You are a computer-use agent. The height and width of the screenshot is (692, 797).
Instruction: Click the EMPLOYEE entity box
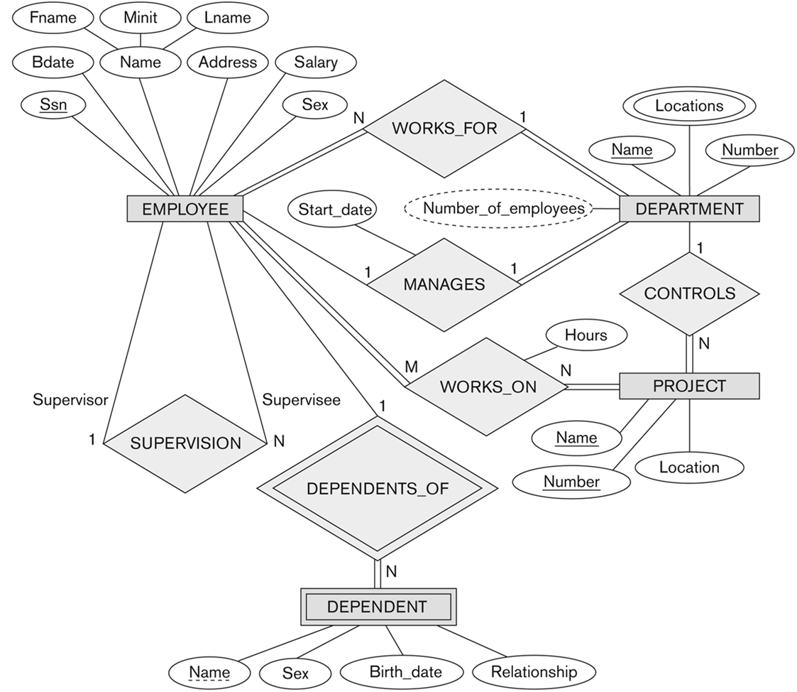point(185,209)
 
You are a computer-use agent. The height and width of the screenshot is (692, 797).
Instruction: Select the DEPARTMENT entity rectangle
point(689,209)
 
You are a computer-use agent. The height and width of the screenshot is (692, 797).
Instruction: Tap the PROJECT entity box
point(689,386)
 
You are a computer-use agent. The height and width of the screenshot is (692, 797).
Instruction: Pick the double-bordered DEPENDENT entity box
point(377,607)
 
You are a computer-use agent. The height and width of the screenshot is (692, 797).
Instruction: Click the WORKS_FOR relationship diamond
point(444,129)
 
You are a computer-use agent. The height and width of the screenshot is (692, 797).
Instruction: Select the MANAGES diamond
point(444,284)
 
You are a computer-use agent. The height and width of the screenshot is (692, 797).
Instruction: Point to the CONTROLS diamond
point(689,293)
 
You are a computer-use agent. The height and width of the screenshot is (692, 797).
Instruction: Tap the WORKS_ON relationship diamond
point(488,386)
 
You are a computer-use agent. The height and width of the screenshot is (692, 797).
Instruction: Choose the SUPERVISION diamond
point(185,443)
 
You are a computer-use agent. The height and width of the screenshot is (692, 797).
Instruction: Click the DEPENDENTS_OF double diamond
point(377,489)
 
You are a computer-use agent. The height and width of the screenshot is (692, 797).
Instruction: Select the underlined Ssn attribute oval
point(50,105)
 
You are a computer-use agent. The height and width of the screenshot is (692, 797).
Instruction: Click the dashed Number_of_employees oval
point(502,209)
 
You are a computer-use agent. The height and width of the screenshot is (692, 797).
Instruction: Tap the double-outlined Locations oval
point(688,106)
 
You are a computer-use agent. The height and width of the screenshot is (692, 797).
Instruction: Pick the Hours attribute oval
point(586,335)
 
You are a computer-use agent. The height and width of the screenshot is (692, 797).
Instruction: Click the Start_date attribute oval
point(331,209)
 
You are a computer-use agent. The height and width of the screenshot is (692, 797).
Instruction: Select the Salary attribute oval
point(316,63)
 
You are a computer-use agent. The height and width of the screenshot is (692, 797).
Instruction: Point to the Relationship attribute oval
point(534,671)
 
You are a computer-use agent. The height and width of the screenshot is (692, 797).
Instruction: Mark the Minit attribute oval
point(140,18)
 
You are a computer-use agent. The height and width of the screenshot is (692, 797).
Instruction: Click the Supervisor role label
point(70,400)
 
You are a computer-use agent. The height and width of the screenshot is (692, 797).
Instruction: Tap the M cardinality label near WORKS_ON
point(411,367)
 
